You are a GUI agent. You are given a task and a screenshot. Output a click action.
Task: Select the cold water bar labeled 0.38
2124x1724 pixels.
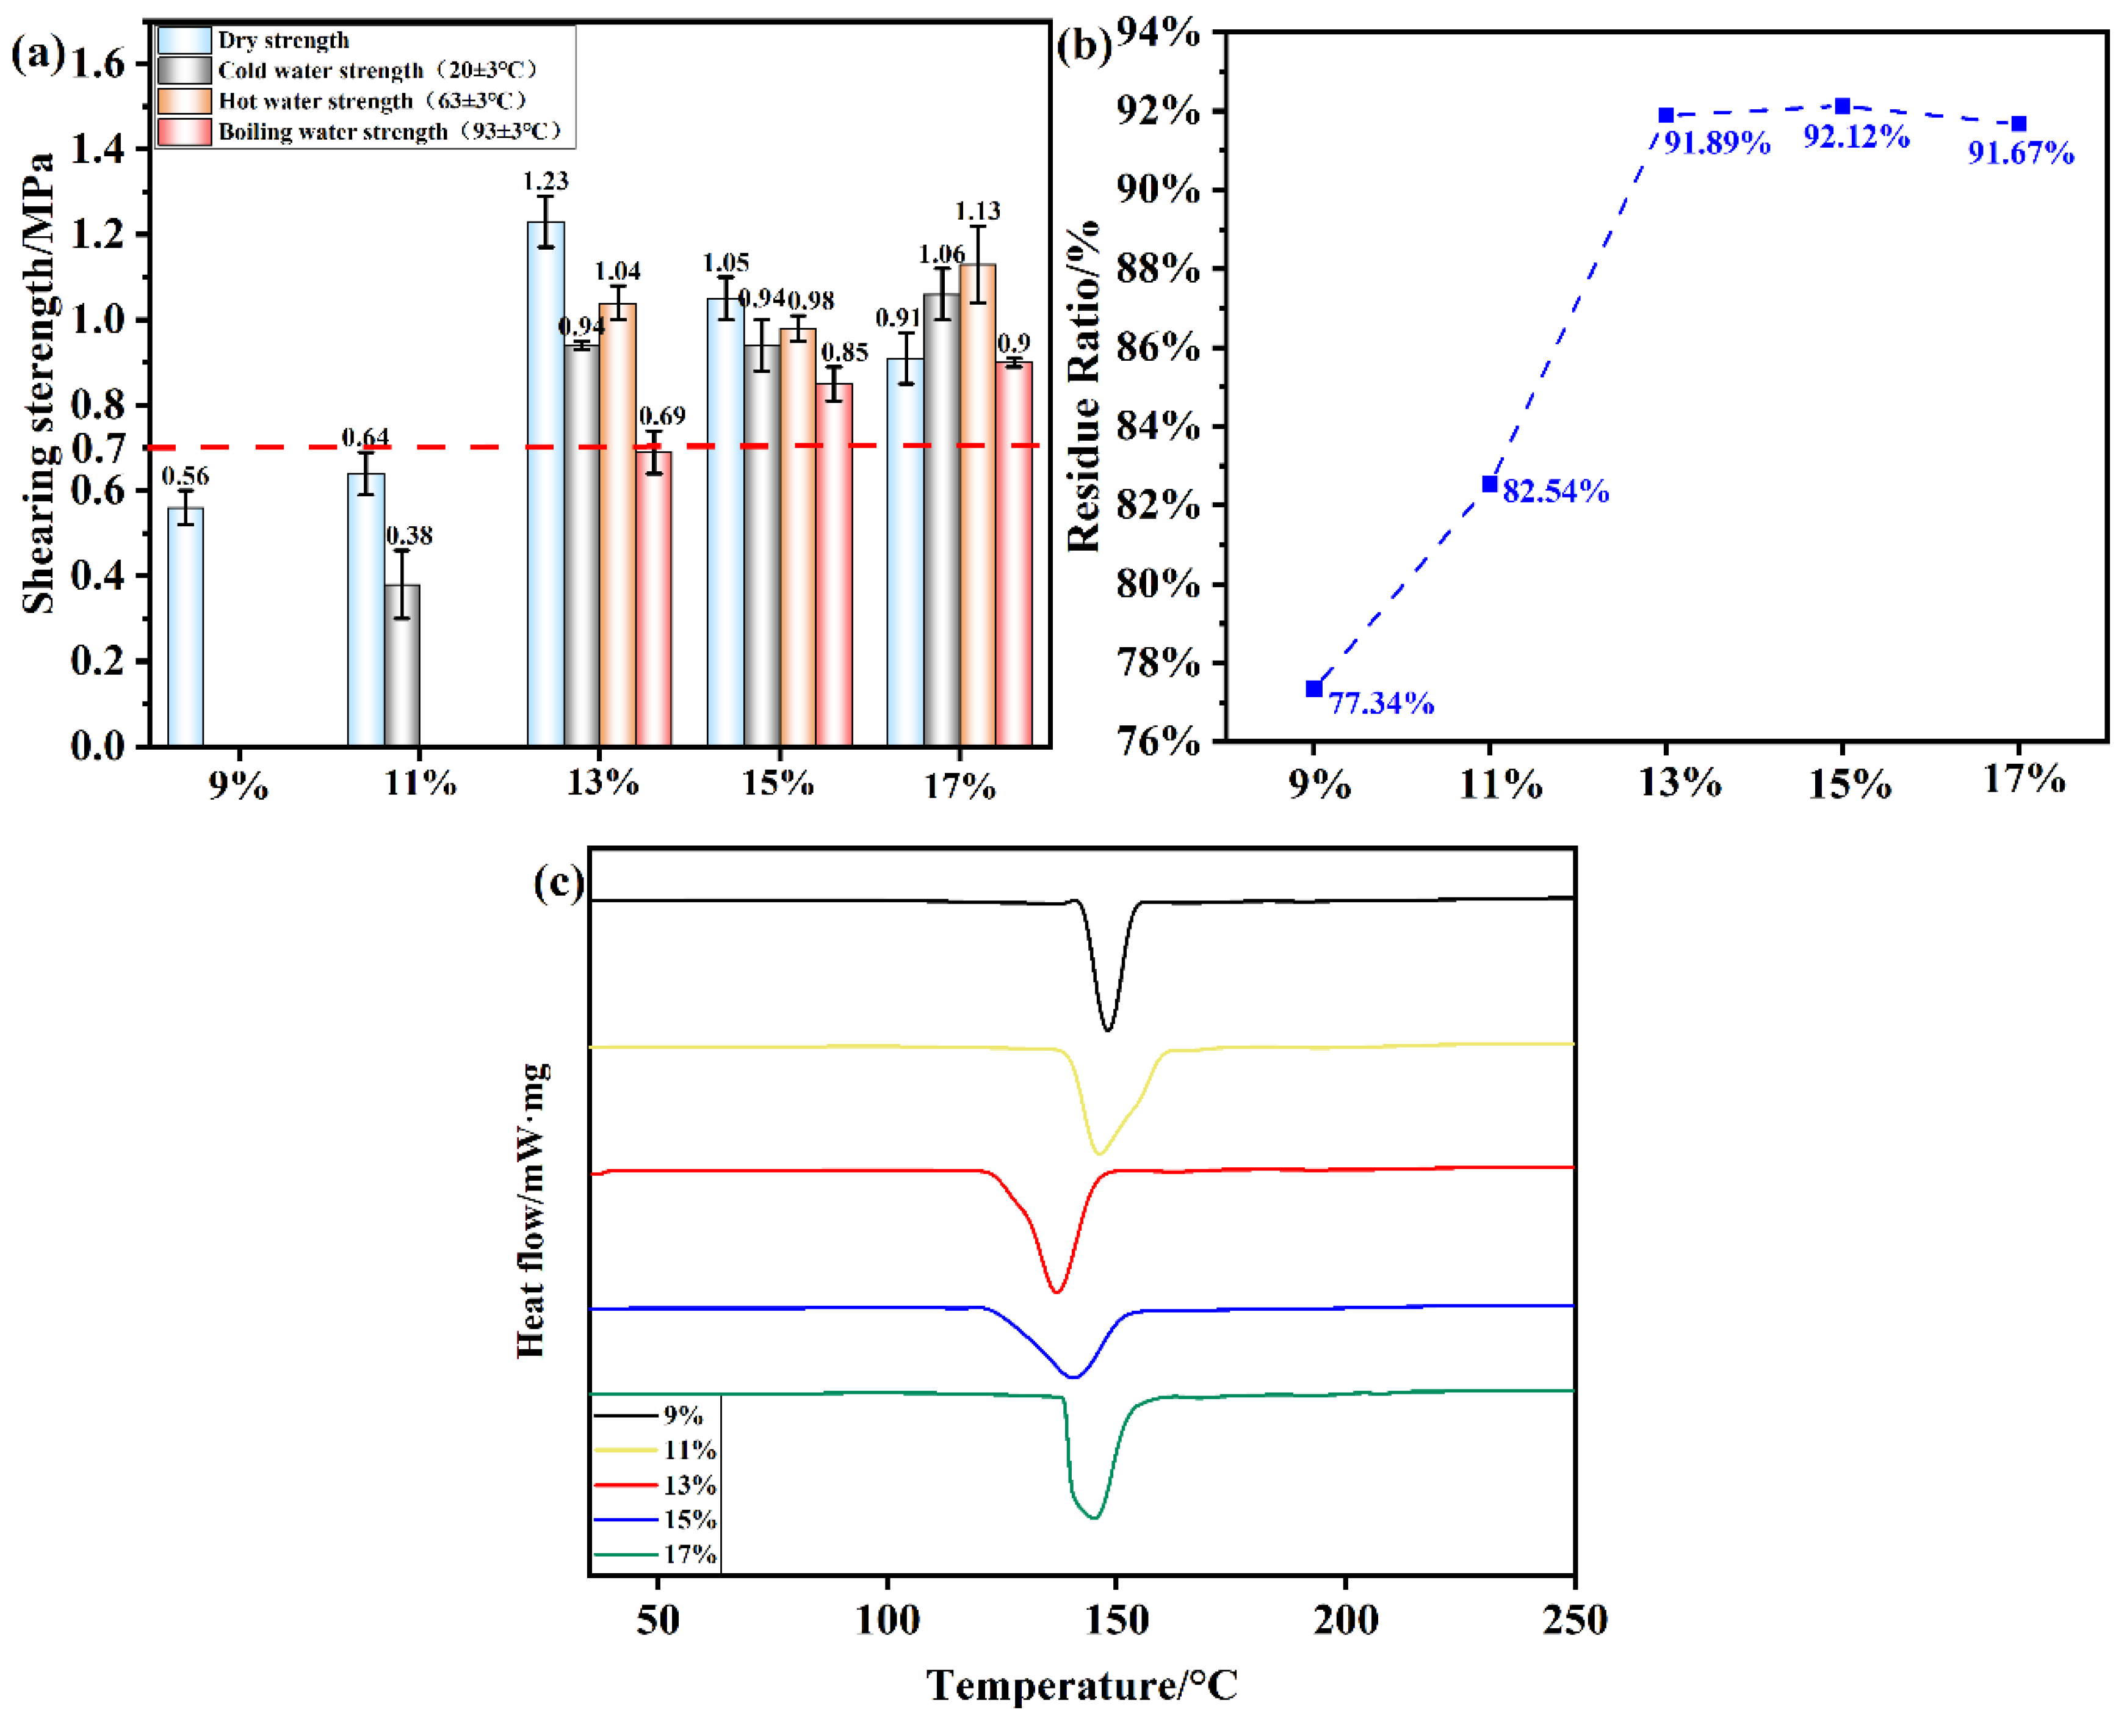coord(402,665)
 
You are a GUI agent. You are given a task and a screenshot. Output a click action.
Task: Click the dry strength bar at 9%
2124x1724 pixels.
coord(186,626)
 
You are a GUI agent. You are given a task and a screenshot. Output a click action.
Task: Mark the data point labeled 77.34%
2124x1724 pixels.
coord(1313,688)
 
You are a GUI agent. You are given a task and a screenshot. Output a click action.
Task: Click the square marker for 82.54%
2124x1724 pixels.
coord(1489,484)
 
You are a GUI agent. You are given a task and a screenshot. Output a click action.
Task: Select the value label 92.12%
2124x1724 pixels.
coord(1855,137)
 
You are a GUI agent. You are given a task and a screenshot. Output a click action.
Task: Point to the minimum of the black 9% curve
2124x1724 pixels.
coord(1107,1030)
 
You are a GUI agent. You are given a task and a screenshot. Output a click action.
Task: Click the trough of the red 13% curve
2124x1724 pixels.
coord(1057,1292)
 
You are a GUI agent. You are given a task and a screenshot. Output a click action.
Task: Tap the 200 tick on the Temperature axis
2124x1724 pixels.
coord(1345,1621)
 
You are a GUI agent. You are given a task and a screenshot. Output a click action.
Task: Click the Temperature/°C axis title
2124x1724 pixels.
coord(1082,1686)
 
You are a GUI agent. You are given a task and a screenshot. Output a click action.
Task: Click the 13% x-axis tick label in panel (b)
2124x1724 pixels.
coord(1679,783)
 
